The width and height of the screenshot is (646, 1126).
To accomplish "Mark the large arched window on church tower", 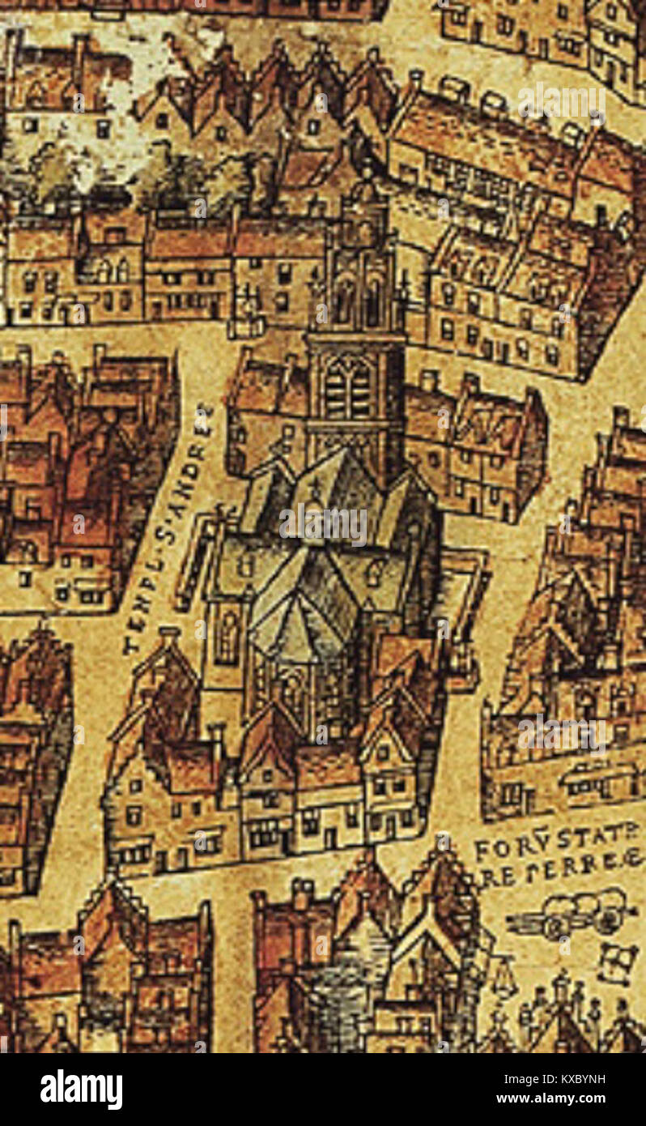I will tap(348, 387).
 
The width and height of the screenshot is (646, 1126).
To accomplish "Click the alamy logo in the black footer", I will tap(81, 1089).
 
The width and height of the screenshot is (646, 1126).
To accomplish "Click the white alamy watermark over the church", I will tap(323, 525).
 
